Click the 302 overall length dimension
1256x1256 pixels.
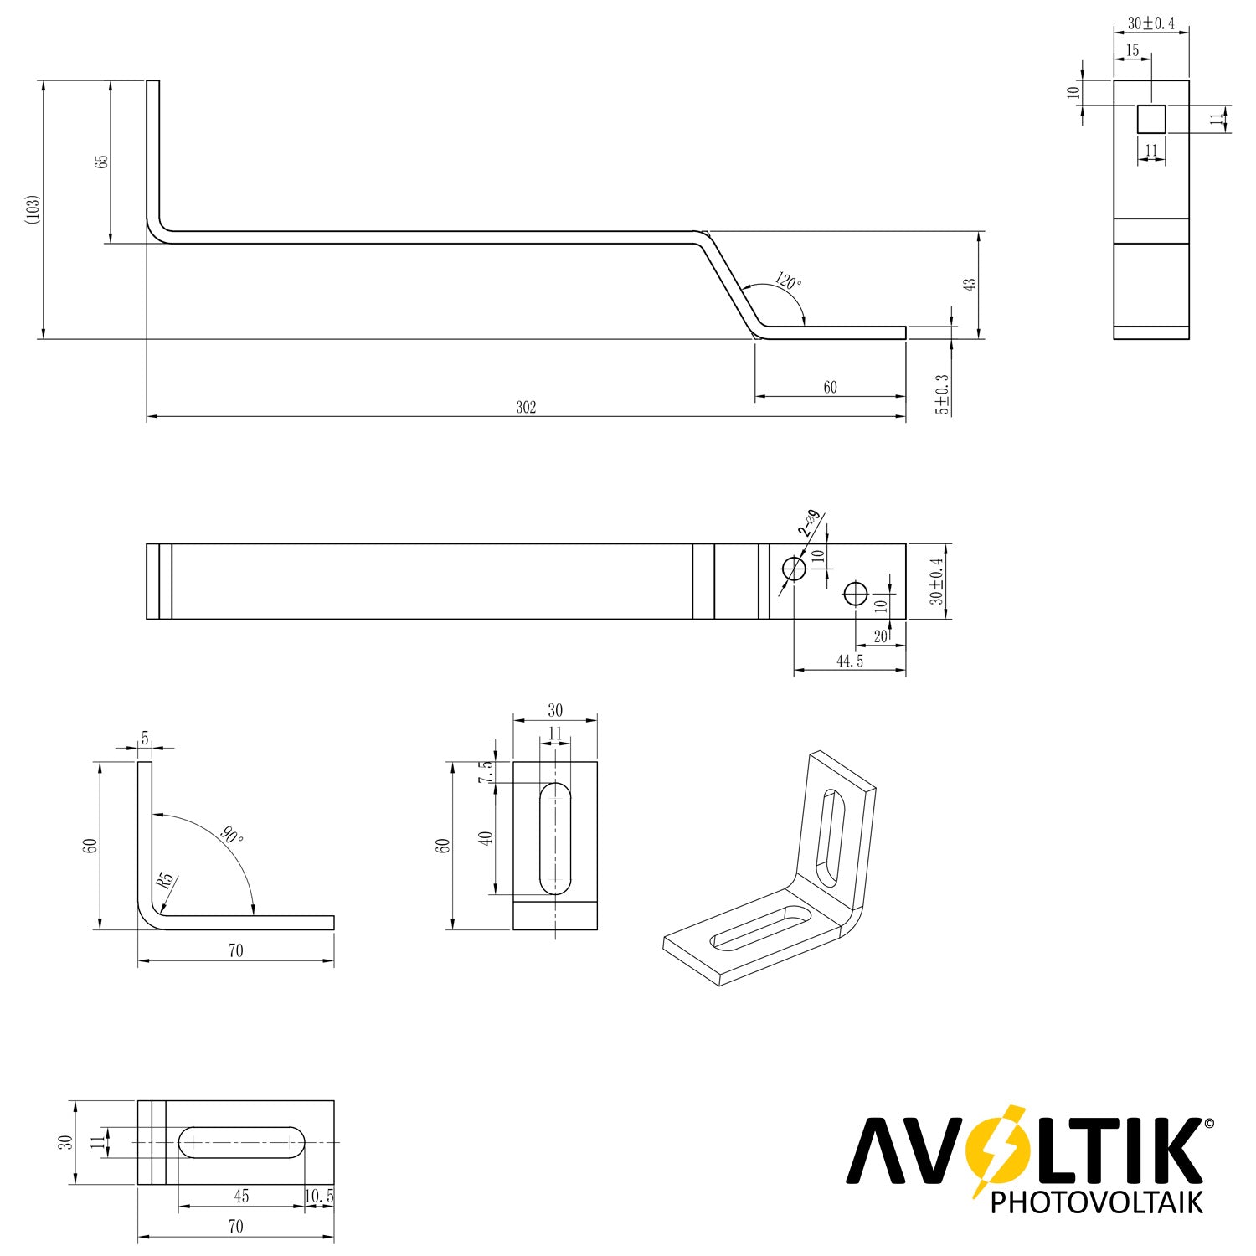point(526,408)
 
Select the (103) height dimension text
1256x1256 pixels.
point(33,209)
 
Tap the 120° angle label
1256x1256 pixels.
point(787,281)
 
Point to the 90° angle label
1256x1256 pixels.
point(233,835)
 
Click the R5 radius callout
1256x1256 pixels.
point(165,881)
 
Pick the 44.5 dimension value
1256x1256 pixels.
point(849,661)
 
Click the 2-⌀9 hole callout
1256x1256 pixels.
point(809,523)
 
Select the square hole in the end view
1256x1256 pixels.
point(1151,119)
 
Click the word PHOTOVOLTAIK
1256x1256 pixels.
point(1097,1202)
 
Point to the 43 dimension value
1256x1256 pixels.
point(970,284)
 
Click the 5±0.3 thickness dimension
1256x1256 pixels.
point(943,394)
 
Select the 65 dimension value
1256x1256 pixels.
point(102,161)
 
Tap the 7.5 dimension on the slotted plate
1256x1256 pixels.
point(485,772)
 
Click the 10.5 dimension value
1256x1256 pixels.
point(319,1197)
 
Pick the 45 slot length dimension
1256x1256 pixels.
point(241,1197)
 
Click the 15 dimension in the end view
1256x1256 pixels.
point(1132,50)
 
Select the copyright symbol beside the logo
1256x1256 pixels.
point(1207,1124)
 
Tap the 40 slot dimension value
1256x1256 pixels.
point(485,838)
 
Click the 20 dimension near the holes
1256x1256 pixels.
point(880,636)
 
